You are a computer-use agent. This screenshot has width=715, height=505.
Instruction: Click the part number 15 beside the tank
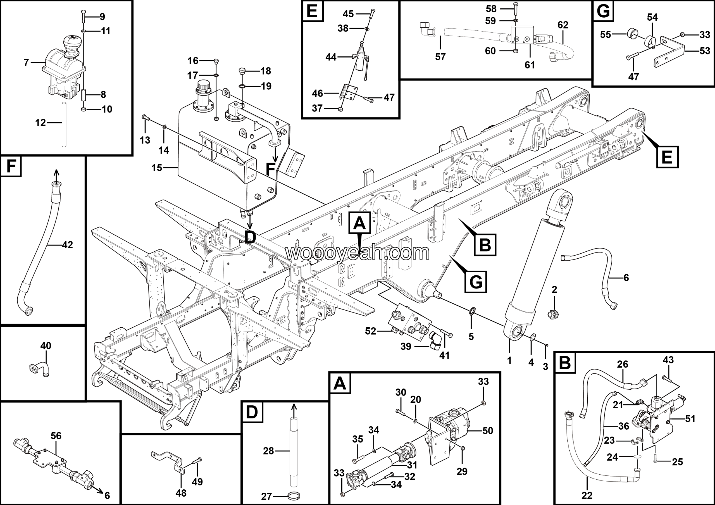(x=157, y=168)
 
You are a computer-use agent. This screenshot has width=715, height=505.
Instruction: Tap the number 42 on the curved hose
(x=67, y=245)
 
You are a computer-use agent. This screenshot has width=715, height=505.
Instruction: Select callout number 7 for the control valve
(x=26, y=63)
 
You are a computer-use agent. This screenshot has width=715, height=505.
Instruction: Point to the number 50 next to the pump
(x=488, y=431)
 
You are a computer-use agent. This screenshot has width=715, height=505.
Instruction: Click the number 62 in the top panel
(x=563, y=25)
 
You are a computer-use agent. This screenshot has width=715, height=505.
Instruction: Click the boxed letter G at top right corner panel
(x=603, y=11)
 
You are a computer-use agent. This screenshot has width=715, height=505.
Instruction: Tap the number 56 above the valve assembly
(x=56, y=436)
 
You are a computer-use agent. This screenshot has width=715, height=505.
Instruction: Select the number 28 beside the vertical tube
(x=268, y=451)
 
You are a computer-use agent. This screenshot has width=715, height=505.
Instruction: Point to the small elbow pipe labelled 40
(x=40, y=369)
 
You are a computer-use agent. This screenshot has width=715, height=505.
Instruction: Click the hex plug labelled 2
(x=553, y=314)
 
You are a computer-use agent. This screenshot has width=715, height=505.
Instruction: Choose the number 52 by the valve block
(x=371, y=331)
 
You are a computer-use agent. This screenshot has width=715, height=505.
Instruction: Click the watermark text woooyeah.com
(x=357, y=253)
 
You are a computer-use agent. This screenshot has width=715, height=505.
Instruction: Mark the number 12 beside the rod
(x=40, y=123)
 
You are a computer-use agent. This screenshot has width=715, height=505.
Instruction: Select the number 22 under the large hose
(x=587, y=495)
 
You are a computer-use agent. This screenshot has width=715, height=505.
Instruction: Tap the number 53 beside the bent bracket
(x=705, y=51)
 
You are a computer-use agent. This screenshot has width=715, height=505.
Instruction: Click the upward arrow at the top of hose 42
(x=56, y=174)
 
